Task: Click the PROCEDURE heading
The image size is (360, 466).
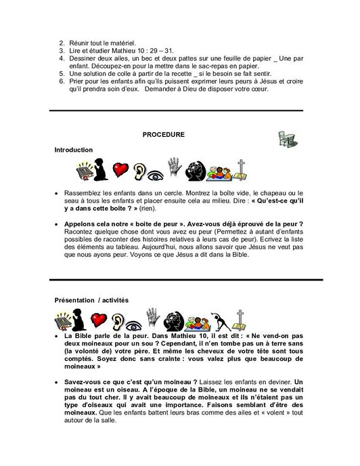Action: pos(163,135)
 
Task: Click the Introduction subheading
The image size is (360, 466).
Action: pos(74,150)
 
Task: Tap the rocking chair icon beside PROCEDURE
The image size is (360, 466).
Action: pos(286,139)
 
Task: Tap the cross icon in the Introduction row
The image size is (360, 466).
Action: pos(241,169)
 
